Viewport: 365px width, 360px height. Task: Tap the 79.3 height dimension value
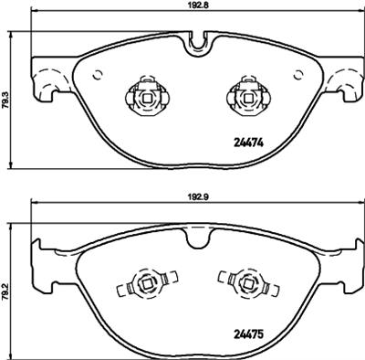7,95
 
